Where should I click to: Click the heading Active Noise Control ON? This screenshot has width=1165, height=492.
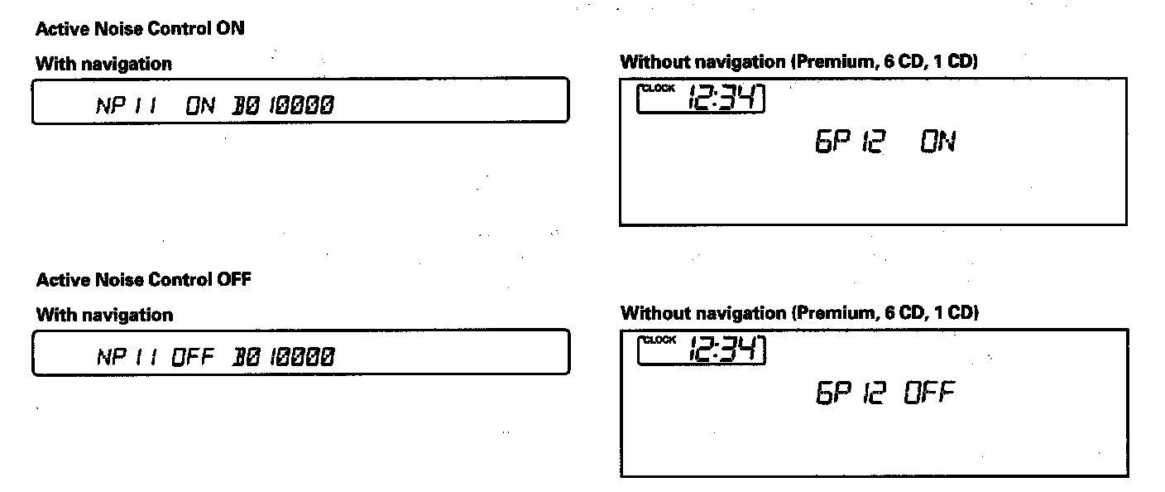140,28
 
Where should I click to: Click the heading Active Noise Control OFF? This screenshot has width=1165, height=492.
143,280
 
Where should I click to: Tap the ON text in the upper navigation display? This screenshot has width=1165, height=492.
200,105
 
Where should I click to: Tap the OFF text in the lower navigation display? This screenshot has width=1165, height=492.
193,357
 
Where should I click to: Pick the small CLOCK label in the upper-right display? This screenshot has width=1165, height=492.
659,89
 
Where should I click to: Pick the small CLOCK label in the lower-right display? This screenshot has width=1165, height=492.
659,340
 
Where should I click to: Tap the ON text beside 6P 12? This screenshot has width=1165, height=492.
937,143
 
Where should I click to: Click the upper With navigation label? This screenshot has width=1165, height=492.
104,64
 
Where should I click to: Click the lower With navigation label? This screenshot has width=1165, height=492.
104,316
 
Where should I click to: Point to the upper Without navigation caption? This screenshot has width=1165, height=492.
798,62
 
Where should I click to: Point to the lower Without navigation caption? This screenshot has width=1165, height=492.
798,313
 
